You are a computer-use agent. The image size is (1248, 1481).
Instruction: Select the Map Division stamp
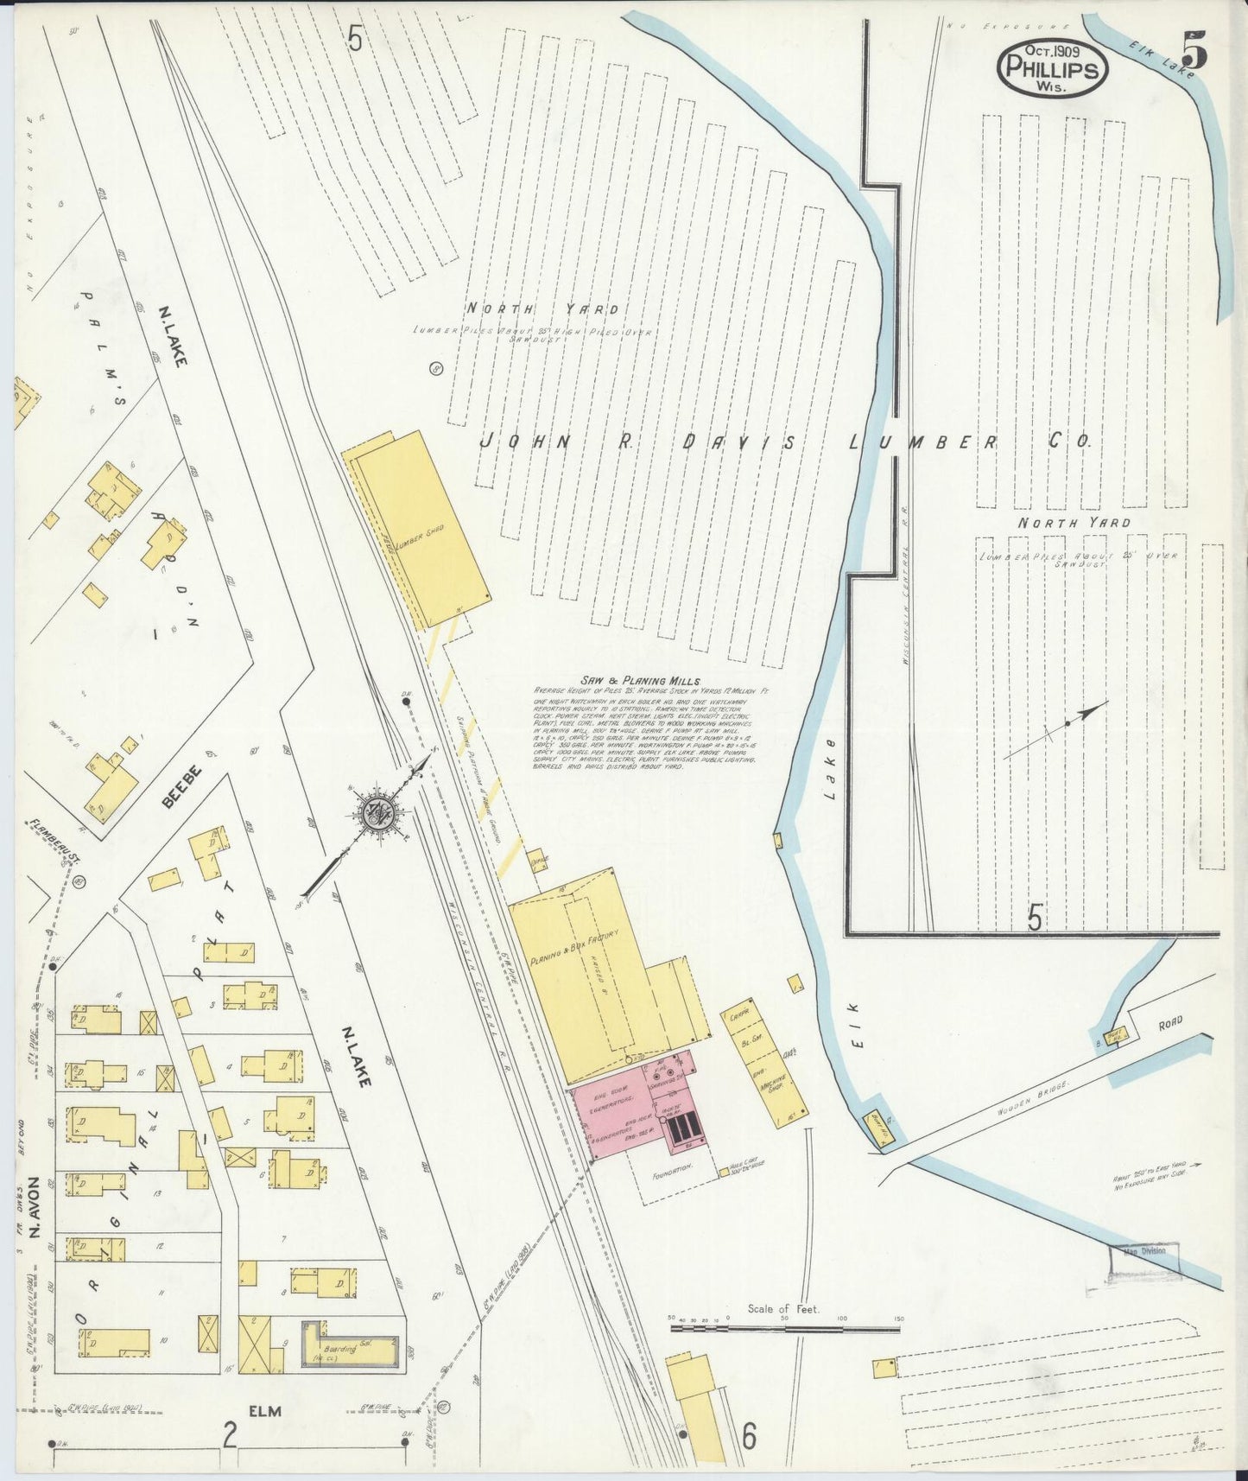click(1144, 1251)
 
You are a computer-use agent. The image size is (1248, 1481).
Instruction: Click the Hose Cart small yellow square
click(724, 1173)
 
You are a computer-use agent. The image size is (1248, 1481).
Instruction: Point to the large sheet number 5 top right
click(1194, 50)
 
